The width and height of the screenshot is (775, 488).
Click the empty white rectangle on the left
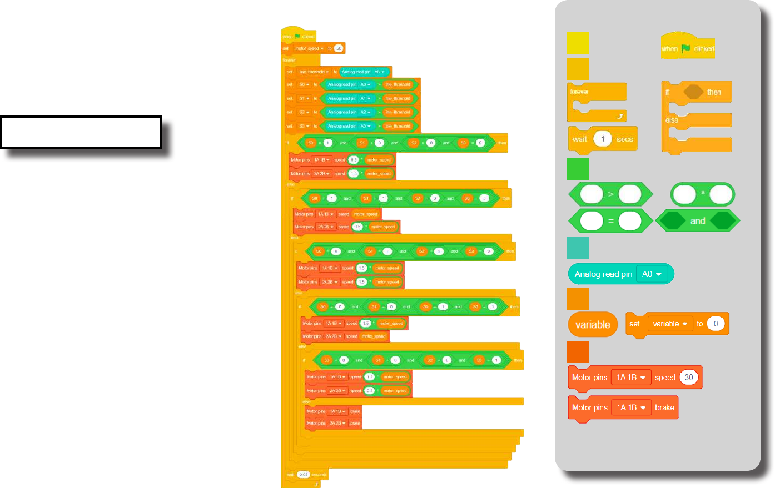[x=81, y=132]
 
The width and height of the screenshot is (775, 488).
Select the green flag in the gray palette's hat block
[x=686, y=48]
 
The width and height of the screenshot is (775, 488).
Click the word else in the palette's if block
[x=672, y=120]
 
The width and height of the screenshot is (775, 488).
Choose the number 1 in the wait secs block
[x=603, y=139]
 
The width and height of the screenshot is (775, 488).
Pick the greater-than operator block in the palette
[x=610, y=194]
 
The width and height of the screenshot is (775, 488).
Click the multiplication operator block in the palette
[x=703, y=194]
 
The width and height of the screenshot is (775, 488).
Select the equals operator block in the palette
[x=610, y=221]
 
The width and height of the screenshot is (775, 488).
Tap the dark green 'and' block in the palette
[x=698, y=221]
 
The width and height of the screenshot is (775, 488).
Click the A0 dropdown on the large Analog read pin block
[x=652, y=274]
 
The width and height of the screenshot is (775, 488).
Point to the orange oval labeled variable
[x=593, y=325]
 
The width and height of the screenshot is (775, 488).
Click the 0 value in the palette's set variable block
[x=716, y=324]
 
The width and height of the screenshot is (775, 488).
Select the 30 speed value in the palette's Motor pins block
[x=689, y=378]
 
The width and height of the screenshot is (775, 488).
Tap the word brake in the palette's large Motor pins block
[x=664, y=407]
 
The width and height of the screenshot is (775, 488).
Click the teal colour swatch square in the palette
[x=578, y=248]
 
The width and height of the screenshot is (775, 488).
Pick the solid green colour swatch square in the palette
[x=578, y=169]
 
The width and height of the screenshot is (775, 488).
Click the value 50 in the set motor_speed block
[x=339, y=48]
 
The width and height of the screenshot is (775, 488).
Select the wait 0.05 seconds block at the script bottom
[x=306, y=475]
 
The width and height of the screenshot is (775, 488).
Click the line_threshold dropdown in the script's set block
[x=314, y=72]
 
